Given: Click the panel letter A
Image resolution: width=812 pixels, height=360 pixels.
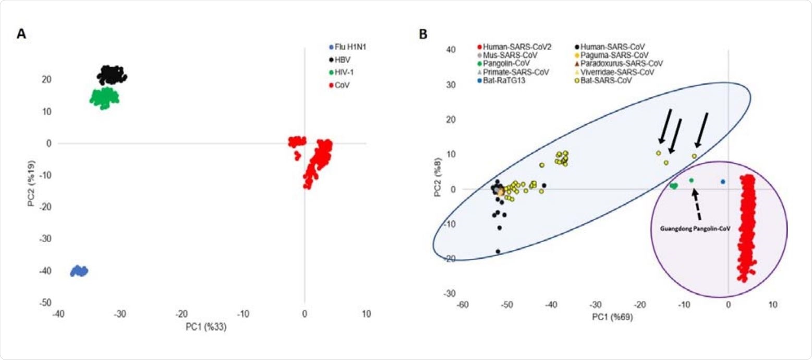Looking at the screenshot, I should (x=21, y=34).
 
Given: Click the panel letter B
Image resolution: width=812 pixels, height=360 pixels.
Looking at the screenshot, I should (x=423, y=34).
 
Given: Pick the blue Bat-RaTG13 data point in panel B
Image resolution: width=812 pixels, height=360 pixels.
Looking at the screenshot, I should (x=723, y=182).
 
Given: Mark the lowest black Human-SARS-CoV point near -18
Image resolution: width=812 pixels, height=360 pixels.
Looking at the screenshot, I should (x=498, y=251).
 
